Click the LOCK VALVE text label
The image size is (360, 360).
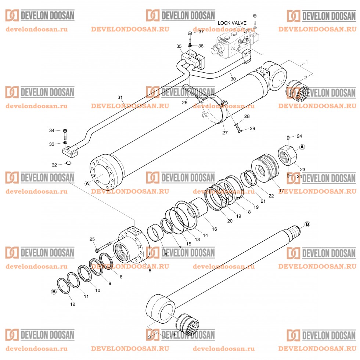pyautogui.click(x=232, y=23)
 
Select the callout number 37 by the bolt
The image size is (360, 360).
pyautogui.click(x=201, y=32)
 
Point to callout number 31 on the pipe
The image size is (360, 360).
pyautogui.click(x=119, y=97)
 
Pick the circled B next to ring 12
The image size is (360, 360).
pyautogui.click(x=54, y=291)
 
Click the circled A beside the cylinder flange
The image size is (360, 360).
pyautogui.click(x=87, y=183)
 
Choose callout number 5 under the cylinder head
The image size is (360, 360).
pyautogui.click(x=150, y=271)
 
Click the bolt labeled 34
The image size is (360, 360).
pyautogui.click(x=65, y=131)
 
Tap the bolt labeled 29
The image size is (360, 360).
pyautogui.click(x=239, y=130)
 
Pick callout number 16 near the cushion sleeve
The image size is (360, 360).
pyautogui.click(x=215, y=229)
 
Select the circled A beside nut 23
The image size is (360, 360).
pyautogui.click(x=302, y=147)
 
